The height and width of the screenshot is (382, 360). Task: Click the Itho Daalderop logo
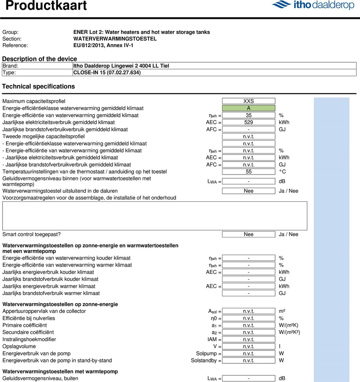[313, 5]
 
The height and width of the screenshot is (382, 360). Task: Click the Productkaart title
[46, 5]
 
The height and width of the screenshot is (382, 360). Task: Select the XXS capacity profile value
[248, 101]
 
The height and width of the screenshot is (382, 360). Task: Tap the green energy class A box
[248, 108]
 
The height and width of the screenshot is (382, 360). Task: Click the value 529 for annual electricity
[248, 122]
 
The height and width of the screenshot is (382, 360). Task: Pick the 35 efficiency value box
[248, 115]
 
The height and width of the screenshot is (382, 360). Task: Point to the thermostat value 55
[248, 172]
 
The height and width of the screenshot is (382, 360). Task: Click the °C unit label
[282, 172]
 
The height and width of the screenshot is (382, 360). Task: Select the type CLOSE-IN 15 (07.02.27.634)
[107, 73]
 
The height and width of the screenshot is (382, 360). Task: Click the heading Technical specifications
[38, 87]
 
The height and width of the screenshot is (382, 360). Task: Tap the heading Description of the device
[39, 59]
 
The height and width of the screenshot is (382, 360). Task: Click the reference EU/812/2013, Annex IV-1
[103, 45]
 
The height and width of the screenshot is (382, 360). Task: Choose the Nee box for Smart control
[248, 234]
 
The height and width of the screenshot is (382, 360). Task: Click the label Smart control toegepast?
[31, 234]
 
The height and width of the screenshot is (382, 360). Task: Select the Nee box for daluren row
[248, 191]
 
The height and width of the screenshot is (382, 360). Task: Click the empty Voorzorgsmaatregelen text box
[155, 216]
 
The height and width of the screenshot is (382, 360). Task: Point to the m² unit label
[282, 311]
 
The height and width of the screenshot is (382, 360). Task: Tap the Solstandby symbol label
[204, 361]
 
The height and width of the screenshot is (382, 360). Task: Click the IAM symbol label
[212, 339]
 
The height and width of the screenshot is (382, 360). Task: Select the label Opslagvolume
[19, 346]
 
